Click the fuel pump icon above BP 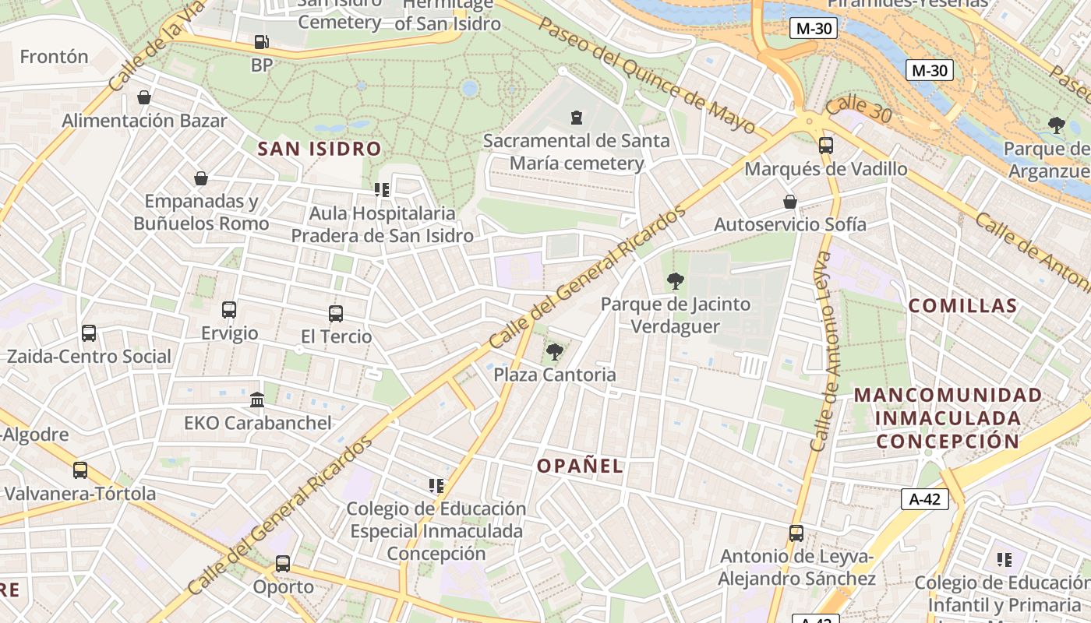(261, 42)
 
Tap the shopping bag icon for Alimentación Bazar (144, 97)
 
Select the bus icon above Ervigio (229, 310)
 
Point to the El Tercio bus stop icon (336, 314)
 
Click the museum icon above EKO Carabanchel (257, 400)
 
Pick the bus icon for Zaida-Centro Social (89, 333)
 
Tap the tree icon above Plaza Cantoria (555, 352)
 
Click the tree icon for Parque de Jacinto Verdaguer (675, 281)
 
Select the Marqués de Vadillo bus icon (826, 146)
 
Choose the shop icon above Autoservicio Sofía (790, 202)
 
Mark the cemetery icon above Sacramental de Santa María (577, 118)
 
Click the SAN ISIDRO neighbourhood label (320, 149)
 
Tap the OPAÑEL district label (581, 466)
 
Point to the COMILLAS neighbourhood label (963, 306)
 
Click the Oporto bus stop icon (283, 564)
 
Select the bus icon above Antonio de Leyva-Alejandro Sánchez (796, 533)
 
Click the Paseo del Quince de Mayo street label (647, 75)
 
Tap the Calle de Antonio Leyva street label (823, 350)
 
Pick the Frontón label (54, 57)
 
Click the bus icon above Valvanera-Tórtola (80, 470)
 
